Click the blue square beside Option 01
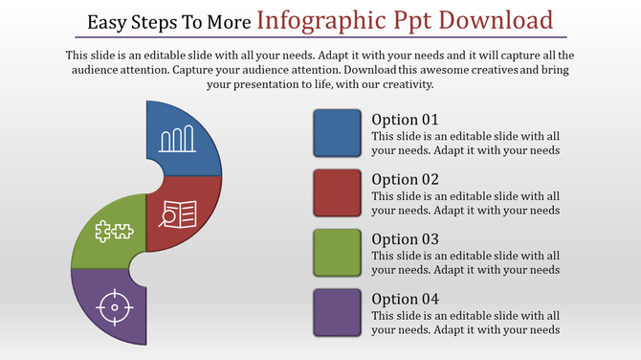[x=338, y=134]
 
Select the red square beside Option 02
[x=338, y=193]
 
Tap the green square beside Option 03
[x=338, y=253]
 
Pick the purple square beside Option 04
[x=338, y=312]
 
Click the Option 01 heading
[x=405, y=121]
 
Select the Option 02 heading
[x=405, y=180]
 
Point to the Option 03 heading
[x=405, y=239]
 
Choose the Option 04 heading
[x=405, y=299]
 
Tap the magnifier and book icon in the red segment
[x=179, y=214]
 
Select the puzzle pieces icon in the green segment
[x=113, y=231]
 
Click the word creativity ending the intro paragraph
[x=401, y=84]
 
